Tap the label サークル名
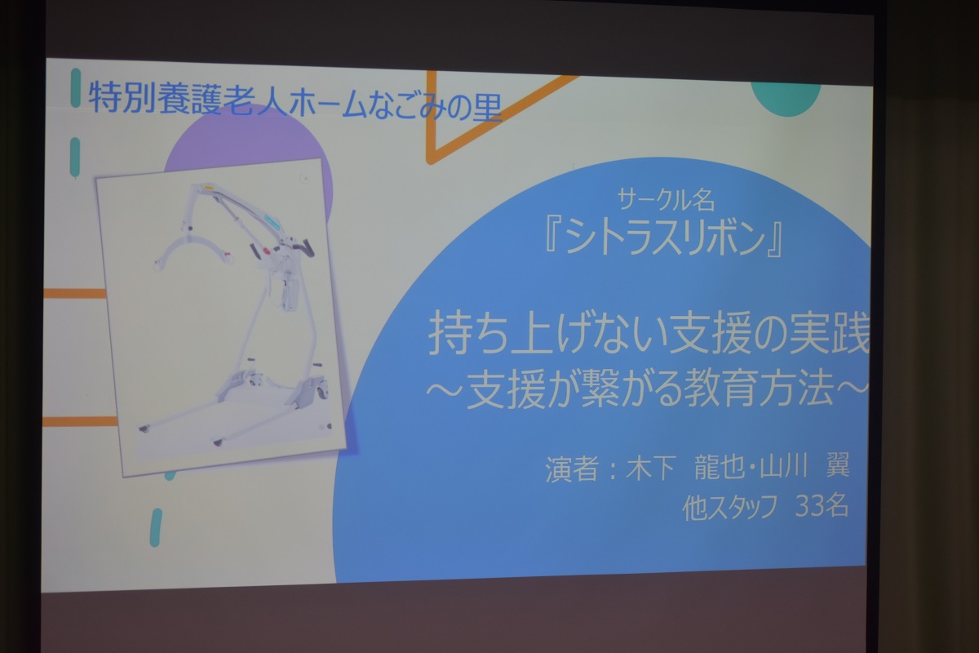click(666, 201)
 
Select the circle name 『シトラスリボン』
click(663, 238)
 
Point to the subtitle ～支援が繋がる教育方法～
click(647, 388)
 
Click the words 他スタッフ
click(730, 508)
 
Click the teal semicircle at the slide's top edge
click(786, 99)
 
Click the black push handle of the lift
click(307, 247)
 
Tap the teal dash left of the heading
click(76, 87)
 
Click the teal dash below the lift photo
click(156, 527)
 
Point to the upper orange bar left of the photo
click(75, 294)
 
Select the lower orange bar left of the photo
click(80, 421)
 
